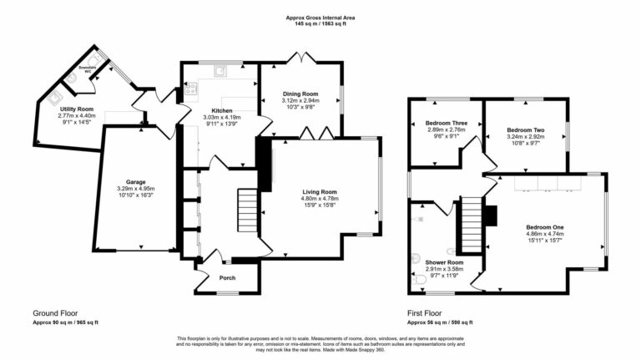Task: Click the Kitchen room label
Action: [221, 110]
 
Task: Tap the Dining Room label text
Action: [300, 94]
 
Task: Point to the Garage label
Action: [136, 181]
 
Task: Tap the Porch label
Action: [226, 277]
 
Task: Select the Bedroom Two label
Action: [526, 129]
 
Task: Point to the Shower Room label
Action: [432, 262]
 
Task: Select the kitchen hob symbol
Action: [191, 86]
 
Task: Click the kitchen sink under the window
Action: [222, 72]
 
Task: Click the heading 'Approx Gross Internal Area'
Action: [320, 16]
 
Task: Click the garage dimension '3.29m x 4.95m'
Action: [136, 189]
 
